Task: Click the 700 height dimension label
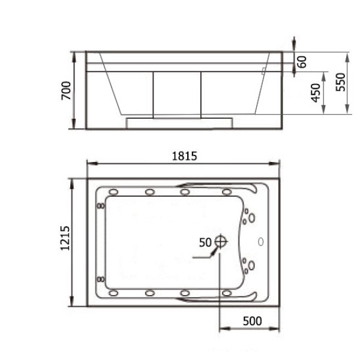pos(66,91)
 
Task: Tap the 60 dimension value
pos(302,62)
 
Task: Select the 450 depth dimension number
pos(316,93)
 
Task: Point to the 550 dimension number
pos(340,82)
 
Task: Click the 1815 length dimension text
pos(185,156)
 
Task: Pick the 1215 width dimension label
pos(65,238)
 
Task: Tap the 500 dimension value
pos(253,321)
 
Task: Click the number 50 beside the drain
pos(205,242)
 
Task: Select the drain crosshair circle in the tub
pos(221,242)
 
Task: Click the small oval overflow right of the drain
pos(260,242)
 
